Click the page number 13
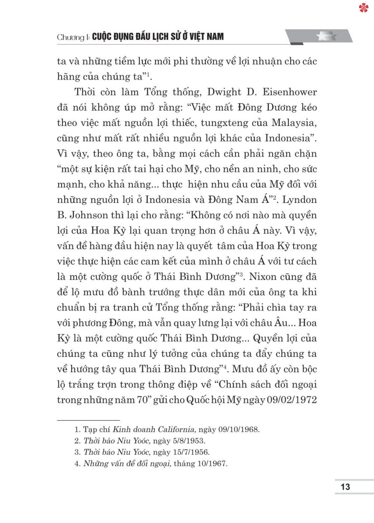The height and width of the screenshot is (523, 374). point(345,487)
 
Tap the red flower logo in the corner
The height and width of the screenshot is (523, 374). point(364,8)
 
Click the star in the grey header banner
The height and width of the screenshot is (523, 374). point(326,36)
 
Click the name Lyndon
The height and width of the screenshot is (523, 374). point(299,200)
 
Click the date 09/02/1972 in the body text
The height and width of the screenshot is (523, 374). point(292,400)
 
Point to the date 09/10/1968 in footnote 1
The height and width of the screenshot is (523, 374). point(239,429)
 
